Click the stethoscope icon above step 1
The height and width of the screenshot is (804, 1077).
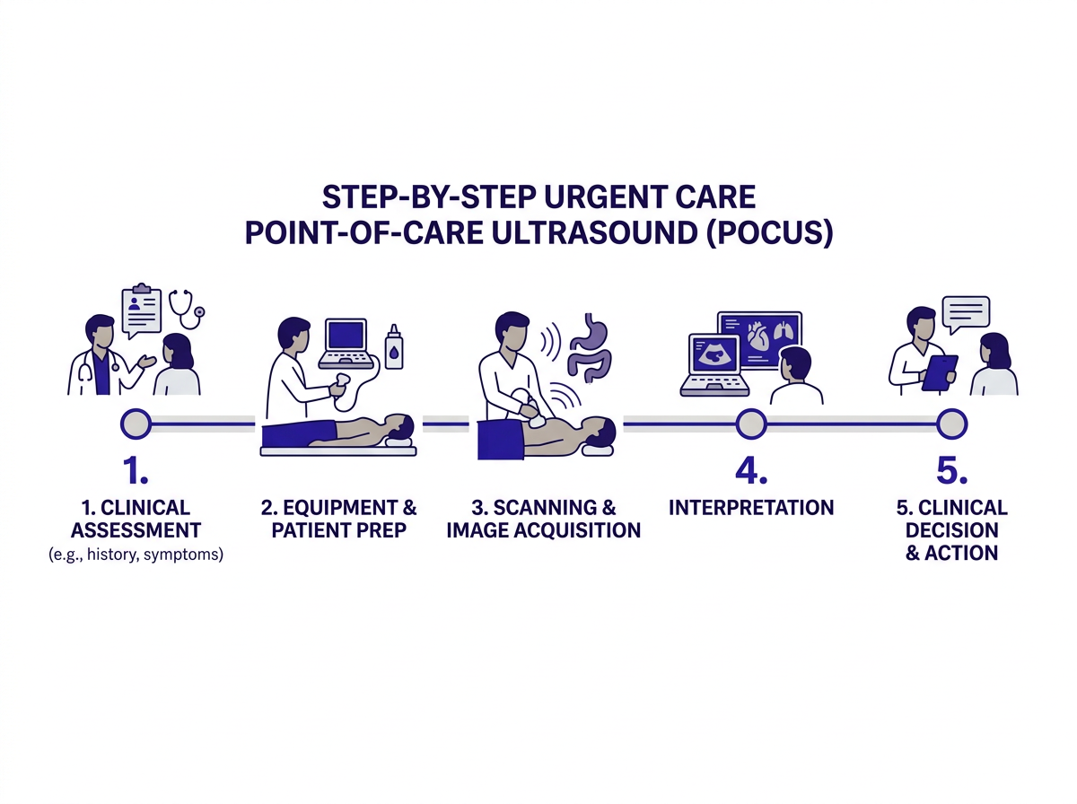[186, 307]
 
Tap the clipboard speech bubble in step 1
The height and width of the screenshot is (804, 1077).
[143, 310]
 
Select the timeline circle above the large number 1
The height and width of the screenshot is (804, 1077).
[136, 423]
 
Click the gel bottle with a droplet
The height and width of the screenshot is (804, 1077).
[393, 348]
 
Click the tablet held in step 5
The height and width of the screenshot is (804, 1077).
[940, 372]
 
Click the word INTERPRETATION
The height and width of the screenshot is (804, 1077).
[751, 508]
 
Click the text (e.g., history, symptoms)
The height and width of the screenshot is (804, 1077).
[136, 555]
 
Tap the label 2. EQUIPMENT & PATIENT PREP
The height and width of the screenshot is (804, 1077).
[339, 519]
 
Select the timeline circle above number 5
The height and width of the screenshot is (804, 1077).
[951, 422]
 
